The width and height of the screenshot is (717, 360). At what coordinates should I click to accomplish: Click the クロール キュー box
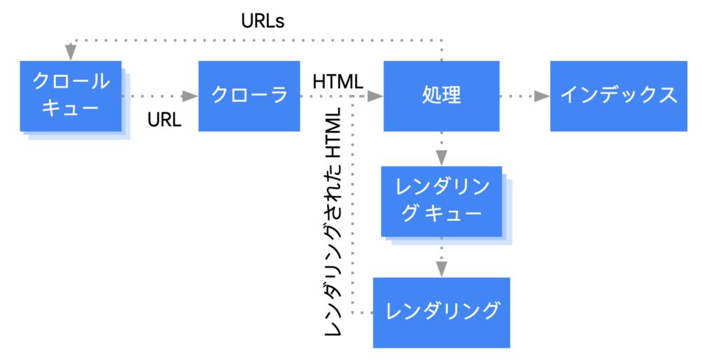[x=71, y=96]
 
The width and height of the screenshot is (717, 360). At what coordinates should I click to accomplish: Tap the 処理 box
[x=442, y=96]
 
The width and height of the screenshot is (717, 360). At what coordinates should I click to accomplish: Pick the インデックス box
[x=618, y=96]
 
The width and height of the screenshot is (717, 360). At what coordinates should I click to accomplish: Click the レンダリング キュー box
[x=441, y=201]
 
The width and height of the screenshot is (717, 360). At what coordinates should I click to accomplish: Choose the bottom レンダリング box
[x=442, y=312]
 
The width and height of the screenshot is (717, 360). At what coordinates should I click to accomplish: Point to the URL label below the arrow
[x=165, y=120]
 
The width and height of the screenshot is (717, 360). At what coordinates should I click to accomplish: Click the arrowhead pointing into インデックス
[x=541, y=96]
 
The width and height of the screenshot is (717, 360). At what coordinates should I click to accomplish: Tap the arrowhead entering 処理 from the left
[x=376, y=96]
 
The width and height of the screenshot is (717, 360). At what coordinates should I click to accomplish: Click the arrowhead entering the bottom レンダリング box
[x=441, y=270]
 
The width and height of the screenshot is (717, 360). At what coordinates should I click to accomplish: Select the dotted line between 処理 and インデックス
[x=518, y=96]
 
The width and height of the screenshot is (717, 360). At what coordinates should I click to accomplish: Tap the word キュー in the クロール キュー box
[x=71, y=111]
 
